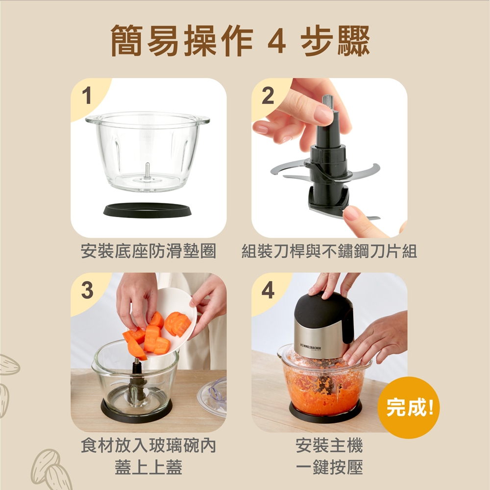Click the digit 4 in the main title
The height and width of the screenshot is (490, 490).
pyautogui.click(x=277, y=42)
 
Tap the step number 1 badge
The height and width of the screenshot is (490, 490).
pyautogui.click(x=87, y=96)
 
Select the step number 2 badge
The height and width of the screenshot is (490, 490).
pyautogui.click(x=268, y=96)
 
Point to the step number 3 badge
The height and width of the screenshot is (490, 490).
pyautogui.click(x=87, y=290)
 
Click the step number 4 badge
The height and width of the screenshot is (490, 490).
pyautogui.click(x=268, y=290)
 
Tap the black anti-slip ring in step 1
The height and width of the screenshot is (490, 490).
pyautogui.click(x=147, y=210)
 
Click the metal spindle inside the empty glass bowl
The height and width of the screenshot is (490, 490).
pyautogui.click(x=147, y=171)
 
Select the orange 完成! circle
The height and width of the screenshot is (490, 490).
pyautogui.click(x=409, y=408)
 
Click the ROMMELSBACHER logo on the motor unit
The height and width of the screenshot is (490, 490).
pyautogui.click(x=310, y=347)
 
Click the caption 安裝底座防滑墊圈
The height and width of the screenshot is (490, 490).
pyautogui.click(x=148, y=251)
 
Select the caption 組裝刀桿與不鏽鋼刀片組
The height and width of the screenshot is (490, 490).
pyautogui.click(x=329, y=251)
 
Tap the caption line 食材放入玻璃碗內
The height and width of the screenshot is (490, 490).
pyautogui.click(x=148, y=445)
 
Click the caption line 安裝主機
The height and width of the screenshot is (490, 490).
pyautogui.click(x=329, y=445)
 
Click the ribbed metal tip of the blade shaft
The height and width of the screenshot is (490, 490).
pyautogui.click(x=328, y=103)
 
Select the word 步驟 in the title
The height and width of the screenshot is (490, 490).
pyautogui.click(x=336, y=42)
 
